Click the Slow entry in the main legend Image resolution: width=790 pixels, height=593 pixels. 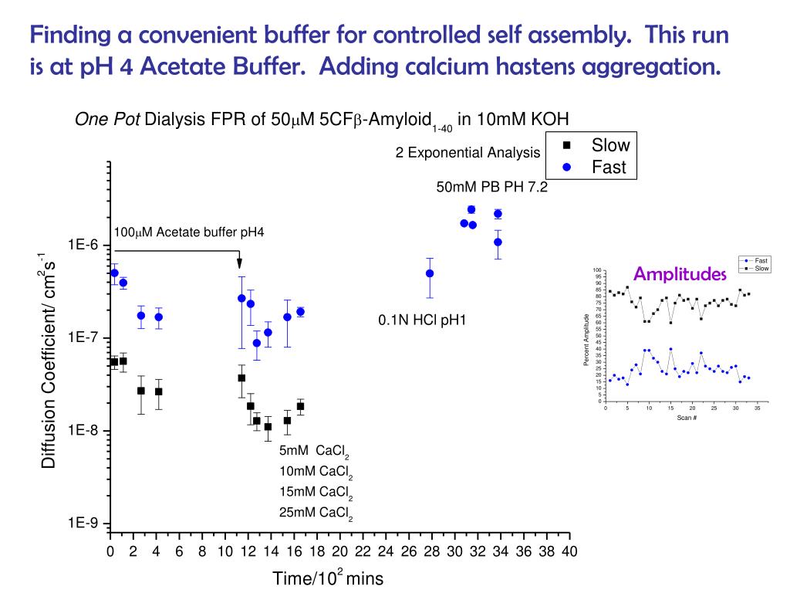click(609, 145)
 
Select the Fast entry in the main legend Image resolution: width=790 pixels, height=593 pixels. click(608, 167)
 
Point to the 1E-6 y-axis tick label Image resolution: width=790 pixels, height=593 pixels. click(83, 245)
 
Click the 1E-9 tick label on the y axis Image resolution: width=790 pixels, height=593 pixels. click(83, 524)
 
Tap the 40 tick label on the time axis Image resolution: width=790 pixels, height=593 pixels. click(569, 552)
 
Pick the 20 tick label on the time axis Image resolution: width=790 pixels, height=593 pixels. click(339, 552)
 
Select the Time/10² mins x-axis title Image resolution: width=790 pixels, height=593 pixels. click(327, 578)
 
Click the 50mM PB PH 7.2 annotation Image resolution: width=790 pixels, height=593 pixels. click(491, 187)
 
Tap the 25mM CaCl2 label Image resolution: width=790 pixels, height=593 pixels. click(316, 513)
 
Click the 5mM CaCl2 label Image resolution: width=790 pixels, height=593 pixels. click(316, 452)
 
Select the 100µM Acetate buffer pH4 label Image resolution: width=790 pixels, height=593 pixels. click(189, 232)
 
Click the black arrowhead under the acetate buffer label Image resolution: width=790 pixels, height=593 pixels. click(239, 263)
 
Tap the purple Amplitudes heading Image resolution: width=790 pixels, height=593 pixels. click(680, 274)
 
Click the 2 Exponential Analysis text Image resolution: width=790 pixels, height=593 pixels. click(468, 153)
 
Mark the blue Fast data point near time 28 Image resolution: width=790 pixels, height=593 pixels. click(430, 273)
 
